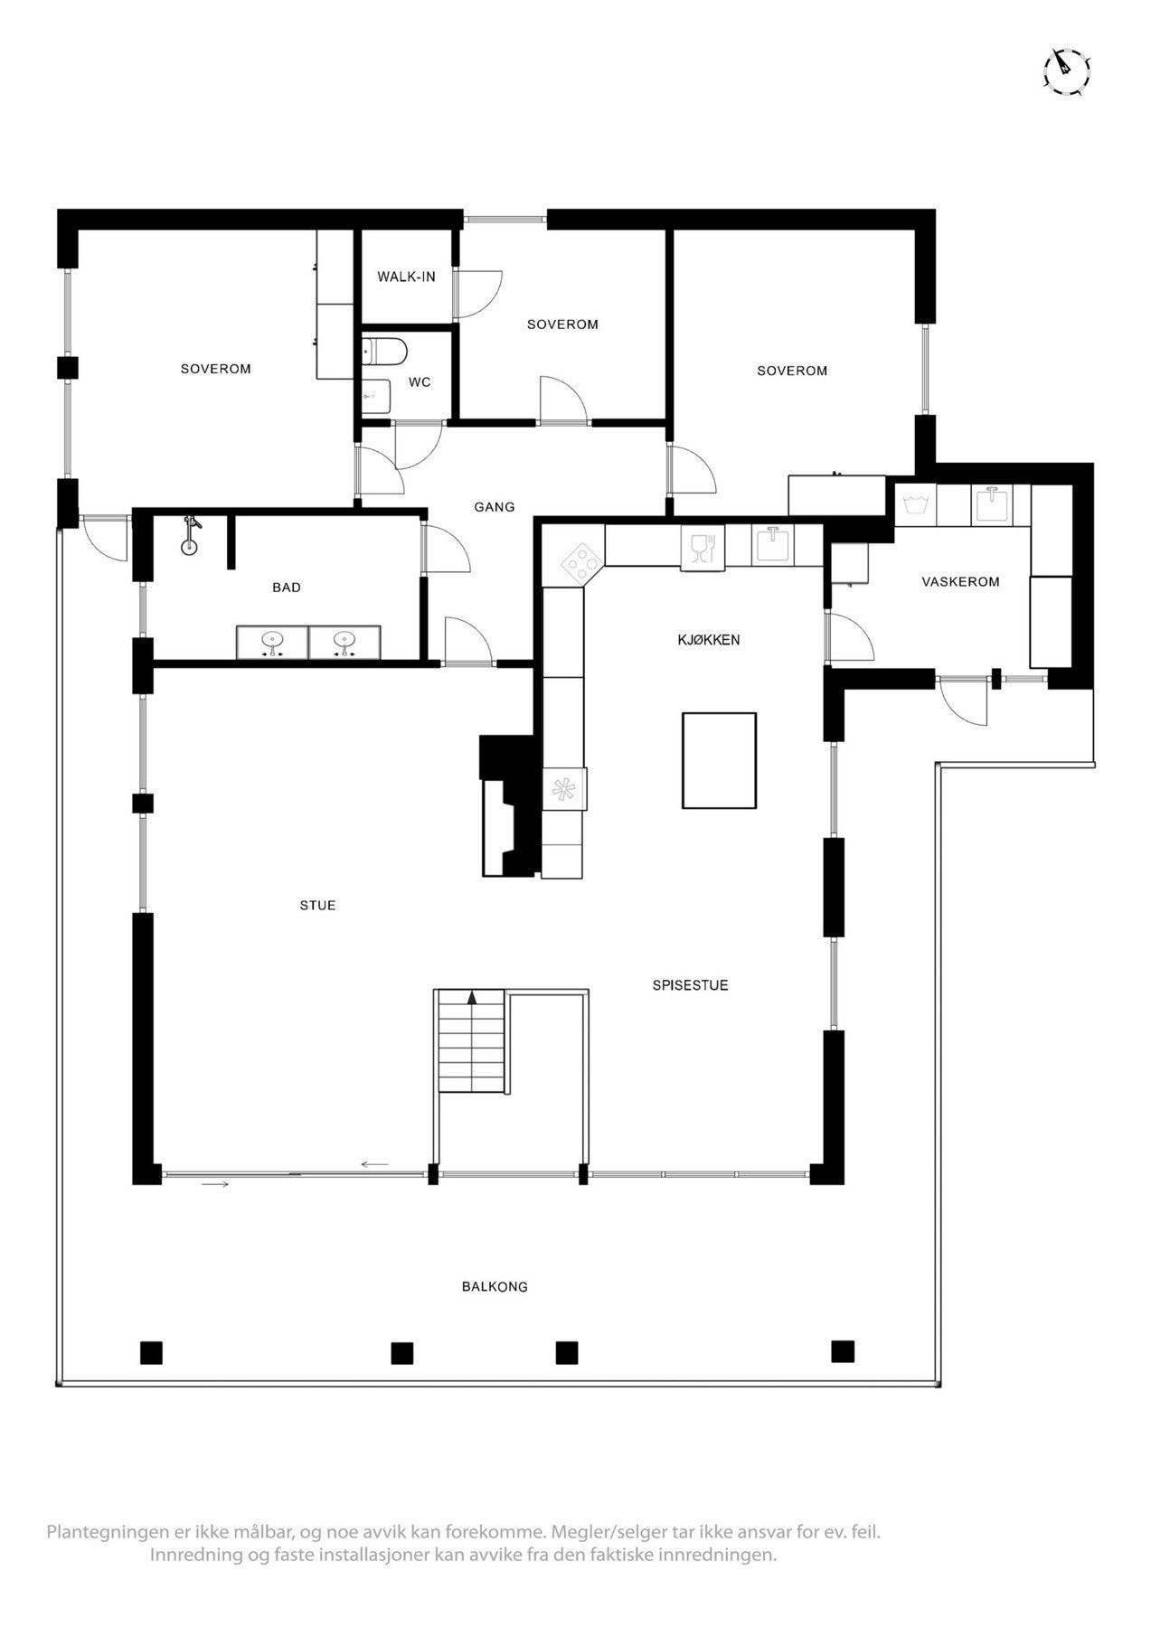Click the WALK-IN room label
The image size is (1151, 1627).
[x=406, y=277]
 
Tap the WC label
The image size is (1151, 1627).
[x=420, y=382]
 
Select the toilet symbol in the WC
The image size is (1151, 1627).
[x=384, y=350]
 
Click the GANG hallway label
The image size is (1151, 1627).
[x=495, y=507]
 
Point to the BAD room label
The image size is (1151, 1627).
[x=287, y=588]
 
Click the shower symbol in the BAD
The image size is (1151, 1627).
[x=190, y=538]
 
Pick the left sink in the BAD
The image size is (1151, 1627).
[x=271, y=643]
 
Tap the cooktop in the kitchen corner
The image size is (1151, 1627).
[x=581, y=562]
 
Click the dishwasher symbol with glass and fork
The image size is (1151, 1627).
[x=703, y=549]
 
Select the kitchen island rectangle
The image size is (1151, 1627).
[x=719, y=759]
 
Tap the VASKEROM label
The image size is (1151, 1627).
[x=960, y=582]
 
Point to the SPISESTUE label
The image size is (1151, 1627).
[x=690, y=985]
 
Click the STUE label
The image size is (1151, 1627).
[x=318, y=905]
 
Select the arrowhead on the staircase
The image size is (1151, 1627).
[x=471, y=998]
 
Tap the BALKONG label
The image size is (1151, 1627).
[x=495, y=1286]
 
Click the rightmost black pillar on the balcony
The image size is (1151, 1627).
[x=843, y=1351]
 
